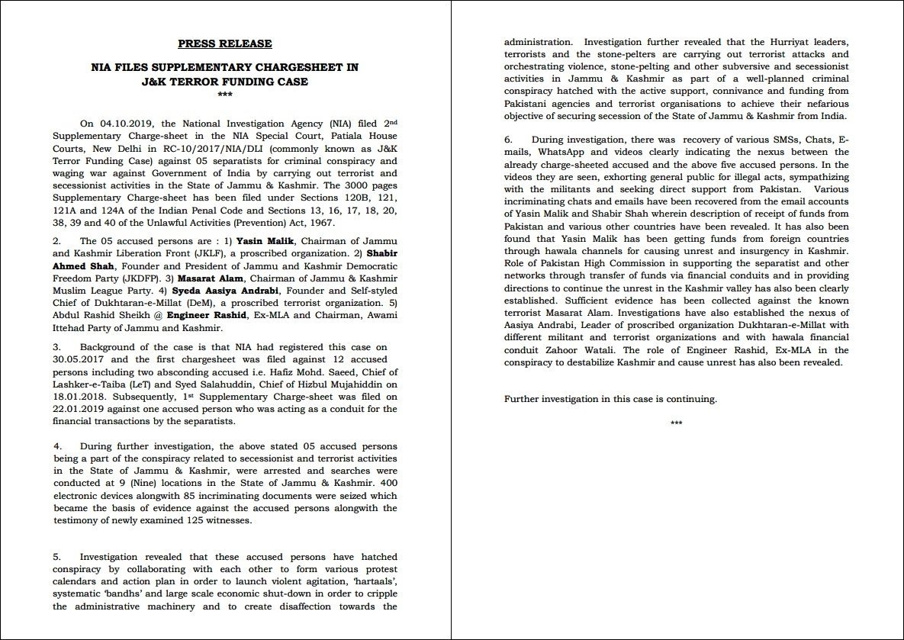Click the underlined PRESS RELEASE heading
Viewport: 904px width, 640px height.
click(x=224, y=43)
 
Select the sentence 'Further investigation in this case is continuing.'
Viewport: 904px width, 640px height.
click(x=610, y=399)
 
